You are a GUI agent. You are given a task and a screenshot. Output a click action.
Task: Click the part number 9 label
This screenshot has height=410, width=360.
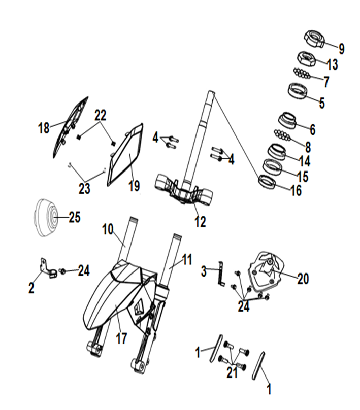pyautogui.click(x=341, y=49)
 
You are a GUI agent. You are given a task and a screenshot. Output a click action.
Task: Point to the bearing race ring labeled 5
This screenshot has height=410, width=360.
pyautogui.click(x=298, y=91)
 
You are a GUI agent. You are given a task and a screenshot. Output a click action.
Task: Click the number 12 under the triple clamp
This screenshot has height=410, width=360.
pyautogui.click(x=200, y=222)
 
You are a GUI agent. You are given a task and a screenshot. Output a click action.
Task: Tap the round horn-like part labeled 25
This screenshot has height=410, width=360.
pyautogui.click(x=46, y=218)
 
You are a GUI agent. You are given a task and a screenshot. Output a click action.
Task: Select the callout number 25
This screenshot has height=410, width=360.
pyautogui.click(x=75, y=217)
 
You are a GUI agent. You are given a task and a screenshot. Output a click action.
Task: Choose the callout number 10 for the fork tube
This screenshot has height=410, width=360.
pyautogui.click(x=108, y=229)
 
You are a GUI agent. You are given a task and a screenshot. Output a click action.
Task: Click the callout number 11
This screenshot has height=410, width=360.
pyautogui.click(x=187, y=260)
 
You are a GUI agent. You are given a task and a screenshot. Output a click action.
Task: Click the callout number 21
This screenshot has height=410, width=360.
pyautogui.click(x=232, y=372)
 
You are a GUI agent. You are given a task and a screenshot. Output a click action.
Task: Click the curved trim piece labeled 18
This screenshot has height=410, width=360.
pyautogui.click(x=70, y=127)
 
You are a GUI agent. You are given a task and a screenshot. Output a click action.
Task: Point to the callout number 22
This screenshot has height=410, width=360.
pyautogui.click(x=101, y=115)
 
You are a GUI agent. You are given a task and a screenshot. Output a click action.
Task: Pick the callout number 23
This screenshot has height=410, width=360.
pyautogui.click(x=84, y=188)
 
